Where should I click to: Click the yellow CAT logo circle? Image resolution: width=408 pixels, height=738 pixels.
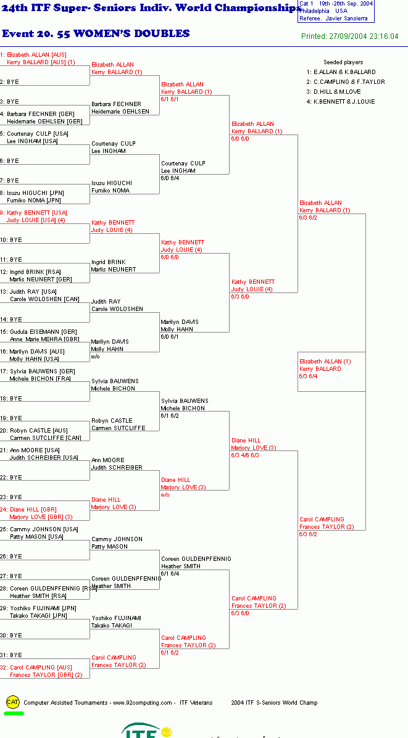pyautogui.click(x=13, y=702)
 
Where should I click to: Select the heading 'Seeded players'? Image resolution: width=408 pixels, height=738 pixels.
pyautogui.click(x=343, y=62)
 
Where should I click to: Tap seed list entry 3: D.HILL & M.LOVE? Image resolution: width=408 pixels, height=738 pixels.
pyautogui.click(x=334, y=92)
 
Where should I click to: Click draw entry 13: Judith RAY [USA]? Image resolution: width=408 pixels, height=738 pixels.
pyautogui.click(x=28, y=292)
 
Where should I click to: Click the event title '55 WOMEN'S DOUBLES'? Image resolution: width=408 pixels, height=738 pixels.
pyautogui.click(x=131, y=33)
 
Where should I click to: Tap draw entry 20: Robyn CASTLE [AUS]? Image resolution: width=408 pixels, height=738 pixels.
pyautogui.click(x=34, y=430)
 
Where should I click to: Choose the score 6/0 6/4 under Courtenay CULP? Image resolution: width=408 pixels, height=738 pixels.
pyautogui.click(x=170, y=178)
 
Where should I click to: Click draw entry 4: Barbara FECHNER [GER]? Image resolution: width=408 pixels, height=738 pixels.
pyautogui.click(x=37, y=114)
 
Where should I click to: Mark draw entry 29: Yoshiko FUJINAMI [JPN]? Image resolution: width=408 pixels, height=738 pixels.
pyautogui.click(x=38, y=608)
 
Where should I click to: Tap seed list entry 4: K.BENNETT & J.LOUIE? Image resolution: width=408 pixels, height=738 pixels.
pyautogui.click(x=341, y=102)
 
